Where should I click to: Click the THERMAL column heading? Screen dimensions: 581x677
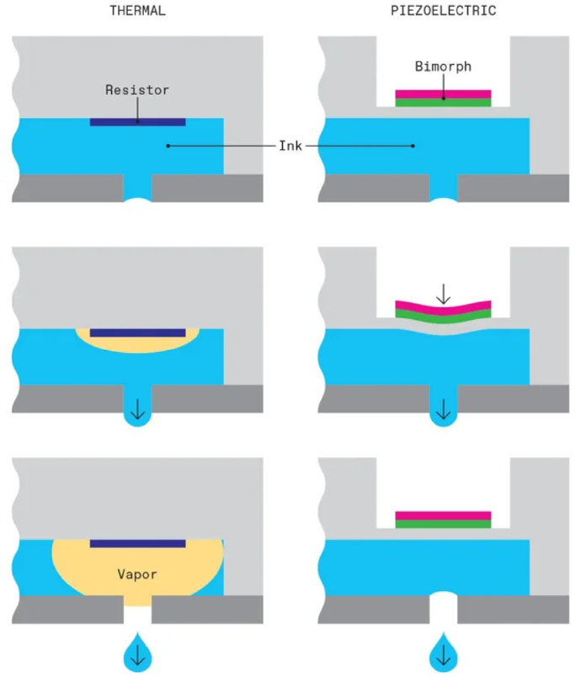click(x=138, y=10)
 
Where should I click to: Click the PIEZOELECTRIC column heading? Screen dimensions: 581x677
click(x=443, y=10)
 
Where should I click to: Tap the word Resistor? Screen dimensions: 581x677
click(x=137, y=90)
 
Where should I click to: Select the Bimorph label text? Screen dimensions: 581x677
click(x=443, y=67)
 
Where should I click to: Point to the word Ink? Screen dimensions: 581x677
click(x=290, y=146)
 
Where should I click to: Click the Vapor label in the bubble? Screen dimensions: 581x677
click(x=137, y=574)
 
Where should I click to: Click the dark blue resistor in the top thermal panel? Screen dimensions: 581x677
click(x=138, y=122)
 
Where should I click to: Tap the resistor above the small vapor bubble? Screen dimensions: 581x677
click(x=138, y=333)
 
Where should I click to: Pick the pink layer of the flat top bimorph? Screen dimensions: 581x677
click(x=443, y=94)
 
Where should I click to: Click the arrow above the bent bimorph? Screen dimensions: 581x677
click(x=443, y=294)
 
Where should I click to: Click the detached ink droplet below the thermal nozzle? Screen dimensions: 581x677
click(x=138, y=652)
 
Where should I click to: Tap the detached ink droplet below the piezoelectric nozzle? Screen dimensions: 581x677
click(x=443, y=652)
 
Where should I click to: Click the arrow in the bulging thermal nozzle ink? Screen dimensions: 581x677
click(x=138, y=409)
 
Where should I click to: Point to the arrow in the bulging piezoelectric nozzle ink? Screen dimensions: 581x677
click(x=443, y=409)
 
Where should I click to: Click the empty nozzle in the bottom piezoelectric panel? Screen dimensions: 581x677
click(x=443, y=607)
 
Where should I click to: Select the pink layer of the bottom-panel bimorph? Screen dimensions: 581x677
click(x=443, y=515)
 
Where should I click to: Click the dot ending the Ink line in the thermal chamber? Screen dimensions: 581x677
click(x=168, y=146)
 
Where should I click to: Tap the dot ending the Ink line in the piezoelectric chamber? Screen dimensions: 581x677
click(x=413, y=146)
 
